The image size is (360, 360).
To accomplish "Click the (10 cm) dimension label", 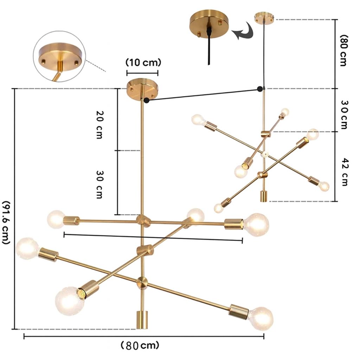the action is click(x=143, y=63).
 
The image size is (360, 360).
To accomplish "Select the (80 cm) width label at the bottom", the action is click(x=140, y=345).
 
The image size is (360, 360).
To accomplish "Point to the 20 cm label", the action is click(x=99, y=125).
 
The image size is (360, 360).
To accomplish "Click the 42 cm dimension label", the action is click(x=345, y=172).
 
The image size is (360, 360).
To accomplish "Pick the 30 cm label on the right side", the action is click(x=344, y=115).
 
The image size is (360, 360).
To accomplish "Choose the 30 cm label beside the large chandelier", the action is click(x=99, y=184).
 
